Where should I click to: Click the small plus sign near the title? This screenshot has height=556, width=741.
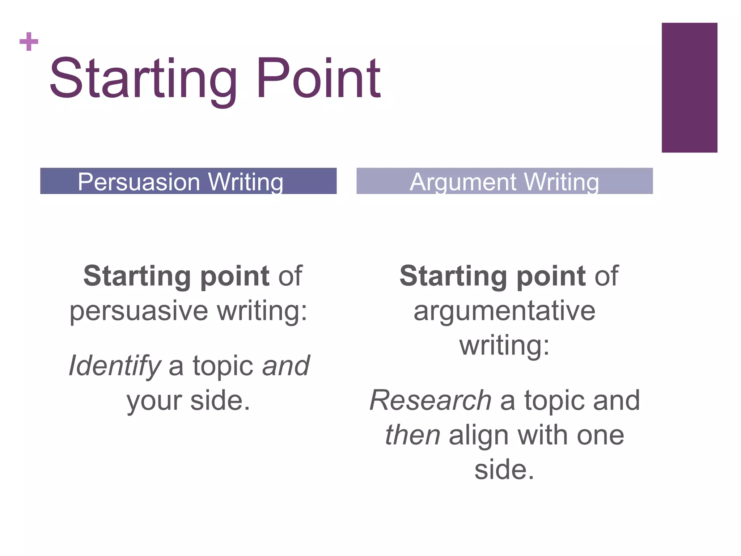pos(29,42)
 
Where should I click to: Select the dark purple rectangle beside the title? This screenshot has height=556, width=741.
pos(689,88)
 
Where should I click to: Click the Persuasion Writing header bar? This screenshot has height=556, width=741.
pos(188,181)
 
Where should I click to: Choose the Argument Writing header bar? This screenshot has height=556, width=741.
pos(504,181)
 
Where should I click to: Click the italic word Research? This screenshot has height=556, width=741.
pos(430,400)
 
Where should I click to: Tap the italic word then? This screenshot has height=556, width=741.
pos(412,435)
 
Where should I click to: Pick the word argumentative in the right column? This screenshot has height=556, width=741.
pos(504,311)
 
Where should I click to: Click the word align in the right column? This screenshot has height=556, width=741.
pos(479,435)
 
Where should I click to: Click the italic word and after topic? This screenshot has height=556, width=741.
pos(286,366)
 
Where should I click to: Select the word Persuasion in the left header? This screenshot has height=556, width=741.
pos(139,182)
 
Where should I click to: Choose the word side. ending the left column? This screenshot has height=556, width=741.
pos(220,400)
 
